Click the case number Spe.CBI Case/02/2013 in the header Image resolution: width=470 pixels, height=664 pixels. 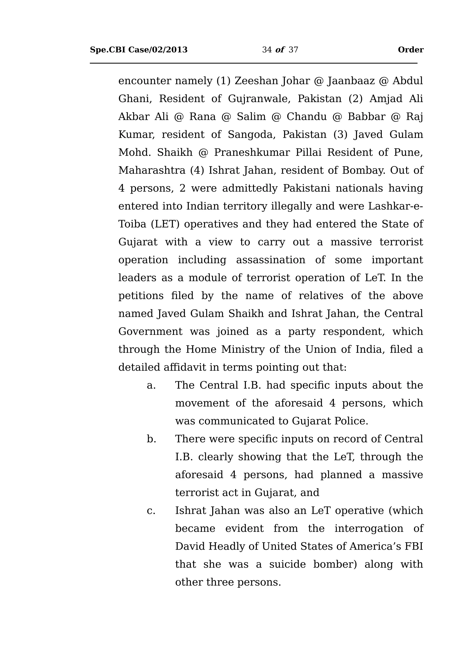coord(139,50)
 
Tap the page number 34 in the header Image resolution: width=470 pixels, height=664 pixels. coord(267,50)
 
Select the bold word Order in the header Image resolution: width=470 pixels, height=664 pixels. coord(410,50)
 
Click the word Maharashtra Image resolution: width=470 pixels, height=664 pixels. coord(152,170)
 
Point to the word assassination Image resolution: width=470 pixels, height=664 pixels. coord(271,260)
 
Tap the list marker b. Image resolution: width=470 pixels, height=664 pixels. coord(151,439)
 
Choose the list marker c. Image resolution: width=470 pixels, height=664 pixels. coord(151,511)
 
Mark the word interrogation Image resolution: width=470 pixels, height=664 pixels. coord(369,529)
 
